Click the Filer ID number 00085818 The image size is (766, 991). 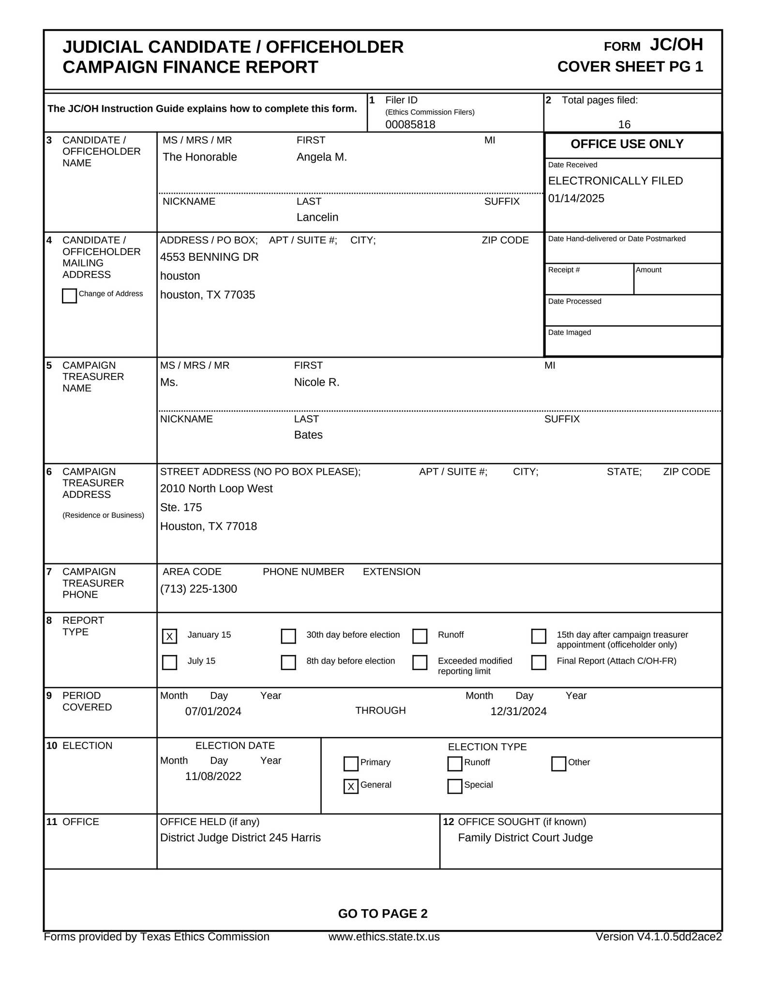(410, 124)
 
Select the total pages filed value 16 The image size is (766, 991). (624, 124)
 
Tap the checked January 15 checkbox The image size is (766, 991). (169, 636)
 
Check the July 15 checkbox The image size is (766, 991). (169, 662)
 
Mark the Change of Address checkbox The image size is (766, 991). (69, 296)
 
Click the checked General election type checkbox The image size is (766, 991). (351, 786)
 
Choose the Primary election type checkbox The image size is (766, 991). (351, 764)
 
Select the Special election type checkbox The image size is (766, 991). (455, 786)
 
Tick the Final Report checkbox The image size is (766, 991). (539, 662)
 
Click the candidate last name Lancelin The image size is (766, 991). (317, 217)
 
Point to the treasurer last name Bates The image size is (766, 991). (308, 435)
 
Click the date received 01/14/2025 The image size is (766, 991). (576, 198)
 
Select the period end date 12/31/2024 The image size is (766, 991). (518, 711)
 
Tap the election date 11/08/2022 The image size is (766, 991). (213, 776)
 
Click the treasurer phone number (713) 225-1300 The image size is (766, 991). (198, 589)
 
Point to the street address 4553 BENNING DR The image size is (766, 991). (209, 257)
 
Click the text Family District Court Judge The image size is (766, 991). (525, 838)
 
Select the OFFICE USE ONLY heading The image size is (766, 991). (627, 144)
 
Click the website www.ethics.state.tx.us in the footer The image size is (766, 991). (384, 937)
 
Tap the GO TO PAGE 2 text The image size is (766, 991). (383, 914)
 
